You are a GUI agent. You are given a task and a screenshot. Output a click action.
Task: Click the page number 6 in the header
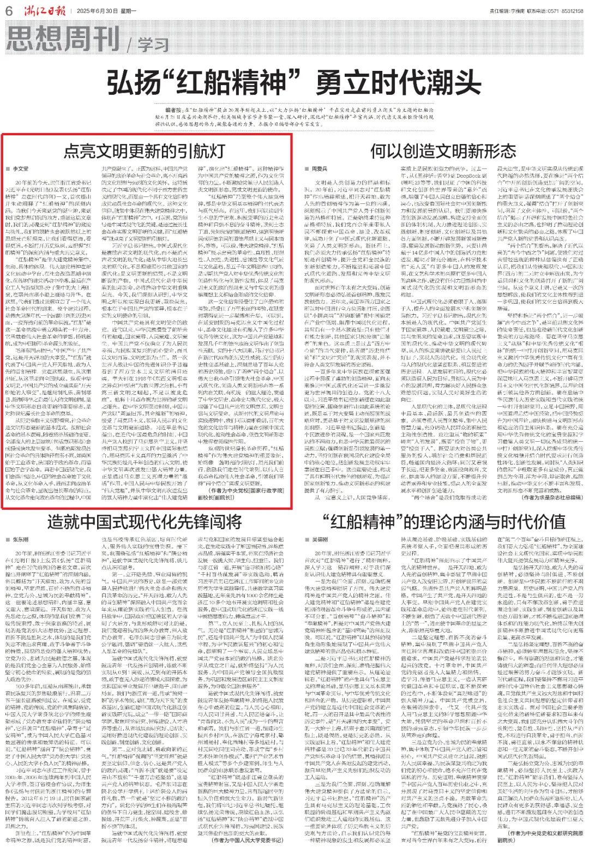9,10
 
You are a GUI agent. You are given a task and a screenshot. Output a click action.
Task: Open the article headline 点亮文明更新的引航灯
145,151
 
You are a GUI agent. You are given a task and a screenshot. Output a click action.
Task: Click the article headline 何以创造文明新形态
442,151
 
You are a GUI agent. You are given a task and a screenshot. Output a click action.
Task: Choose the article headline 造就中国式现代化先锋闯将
145,521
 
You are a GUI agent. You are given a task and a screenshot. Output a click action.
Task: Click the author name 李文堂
20,170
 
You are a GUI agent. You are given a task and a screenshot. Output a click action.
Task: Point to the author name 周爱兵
320,170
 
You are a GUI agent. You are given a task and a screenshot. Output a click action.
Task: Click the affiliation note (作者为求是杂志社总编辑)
550,498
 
